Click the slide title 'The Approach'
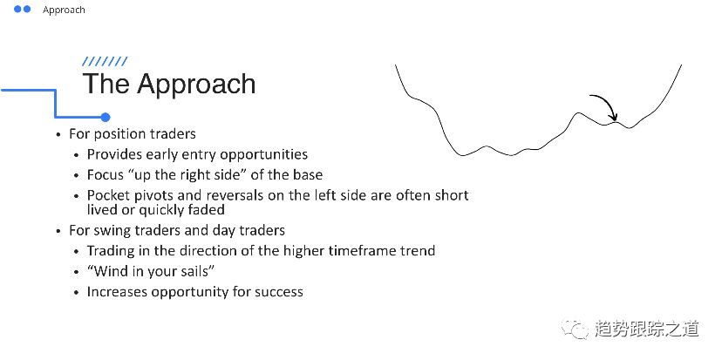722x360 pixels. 169,84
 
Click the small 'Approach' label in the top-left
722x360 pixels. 64,10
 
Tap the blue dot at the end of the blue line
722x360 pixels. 106,117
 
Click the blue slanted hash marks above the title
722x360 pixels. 105,62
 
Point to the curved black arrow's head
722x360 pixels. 614,118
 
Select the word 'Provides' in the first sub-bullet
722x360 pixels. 115,154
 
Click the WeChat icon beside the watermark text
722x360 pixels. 576,329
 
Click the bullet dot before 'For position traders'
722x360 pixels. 59,135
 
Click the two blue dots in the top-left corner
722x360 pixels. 24,10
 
